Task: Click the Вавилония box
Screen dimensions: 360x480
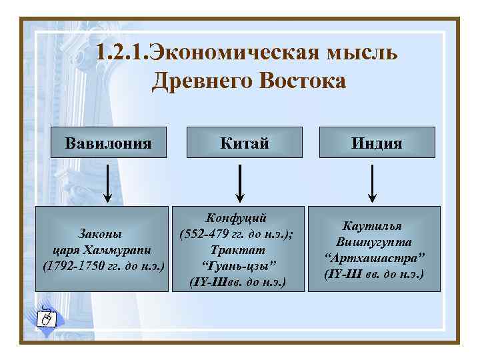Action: pyautogui.click(x=108, y=143)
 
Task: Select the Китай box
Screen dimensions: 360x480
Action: pyautogui.click(x=241, y=143)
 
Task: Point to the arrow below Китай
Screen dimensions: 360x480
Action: pyautogui.click(x=241, y=184)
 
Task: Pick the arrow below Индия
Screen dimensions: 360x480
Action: pyautogui.click(x=373, y=184)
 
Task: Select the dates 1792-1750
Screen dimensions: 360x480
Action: pyautogui.click(x=73, y=267)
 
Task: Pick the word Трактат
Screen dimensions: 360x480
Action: pyautogui.click(x=237, y=250)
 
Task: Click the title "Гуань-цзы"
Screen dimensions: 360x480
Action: pyautogui.click(x=237, y=266)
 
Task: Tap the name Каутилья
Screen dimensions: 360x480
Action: pyautogui.click(x=373, y=227)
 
